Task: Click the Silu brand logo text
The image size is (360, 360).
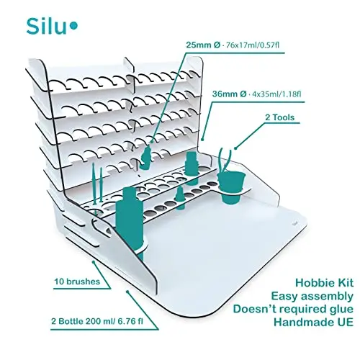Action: (46, 27)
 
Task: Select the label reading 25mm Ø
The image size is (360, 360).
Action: (203, 45)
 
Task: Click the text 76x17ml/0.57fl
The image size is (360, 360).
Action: (253, 45)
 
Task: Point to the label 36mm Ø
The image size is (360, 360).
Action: (229, 94)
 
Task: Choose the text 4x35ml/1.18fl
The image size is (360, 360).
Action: (276, 94)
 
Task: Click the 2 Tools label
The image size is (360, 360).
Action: (279, 117)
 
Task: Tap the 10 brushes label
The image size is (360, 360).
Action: (77, 282)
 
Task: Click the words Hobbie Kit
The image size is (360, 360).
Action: (325, 283)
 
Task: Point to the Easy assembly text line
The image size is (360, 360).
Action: (312, 296)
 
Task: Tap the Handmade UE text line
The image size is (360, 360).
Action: (314, 322)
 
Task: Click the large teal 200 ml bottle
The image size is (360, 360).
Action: (130, 220)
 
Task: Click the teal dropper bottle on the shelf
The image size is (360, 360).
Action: (146, 156)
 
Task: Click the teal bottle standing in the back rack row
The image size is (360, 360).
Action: (192, 168)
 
